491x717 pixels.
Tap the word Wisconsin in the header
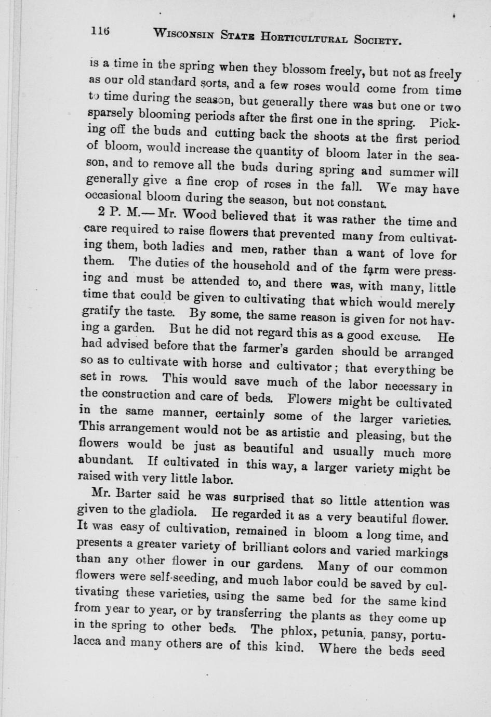185,35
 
